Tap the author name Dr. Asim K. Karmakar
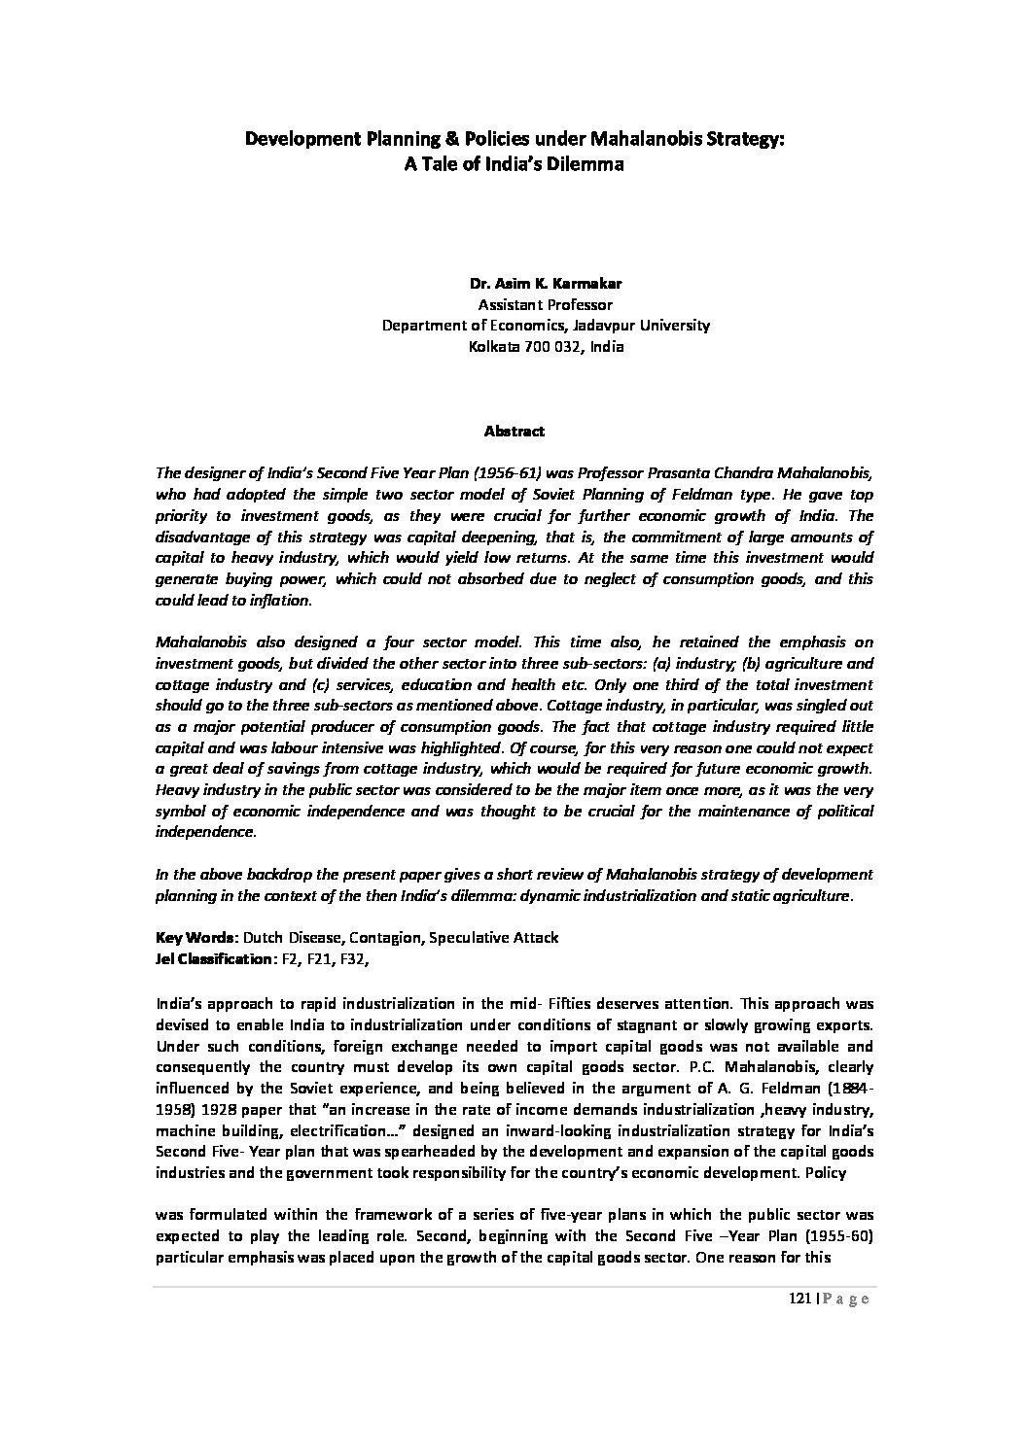[x=546, y=284]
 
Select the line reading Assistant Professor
[x=546, y=304]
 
